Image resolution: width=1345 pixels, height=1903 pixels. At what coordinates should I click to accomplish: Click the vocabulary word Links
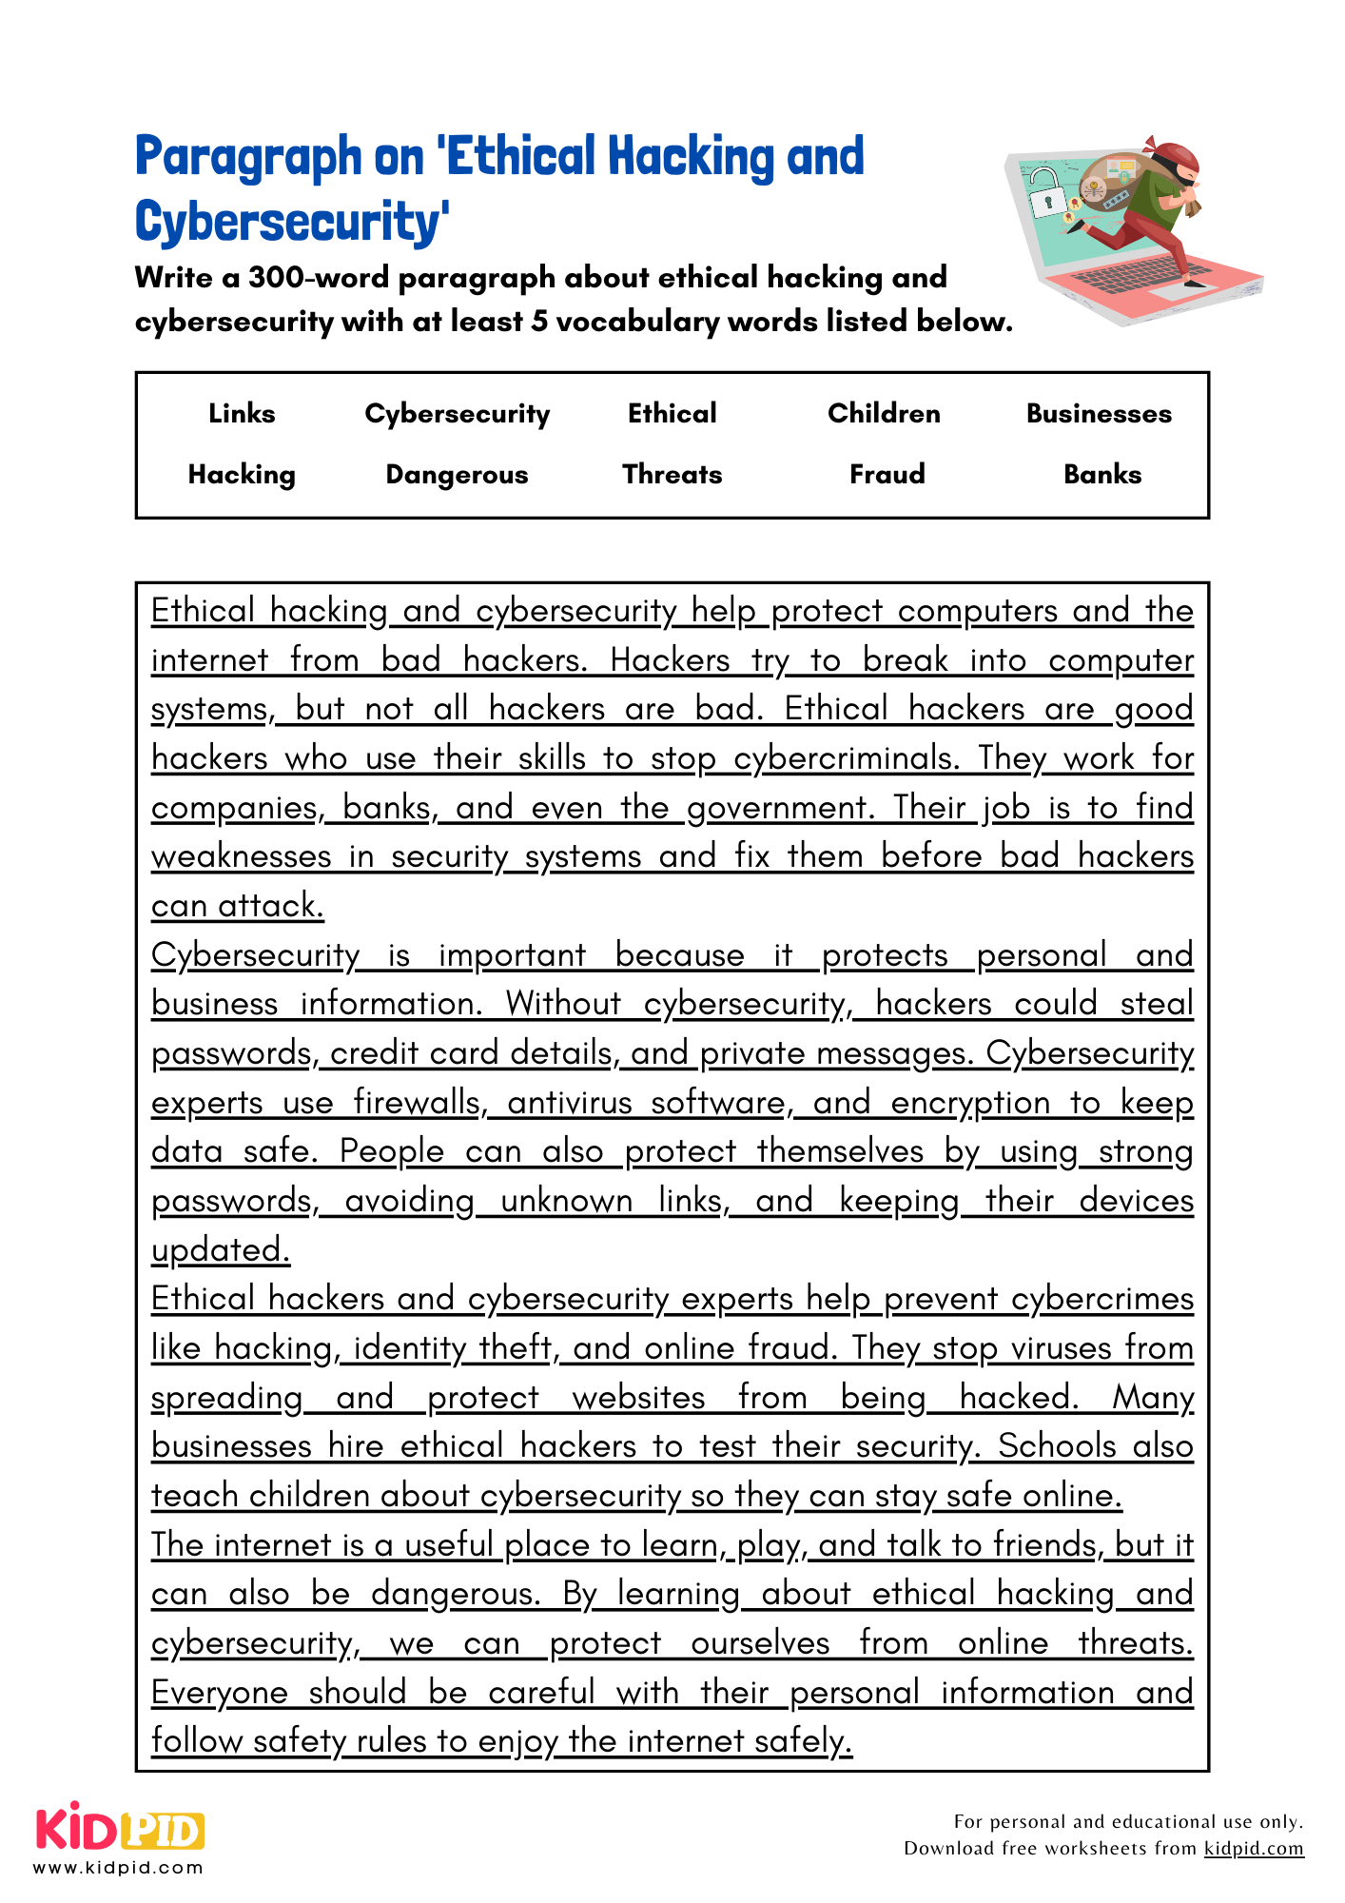242,414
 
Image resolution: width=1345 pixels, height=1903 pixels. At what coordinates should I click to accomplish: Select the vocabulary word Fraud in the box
887,474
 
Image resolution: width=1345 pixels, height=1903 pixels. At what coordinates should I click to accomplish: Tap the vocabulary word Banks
1101,474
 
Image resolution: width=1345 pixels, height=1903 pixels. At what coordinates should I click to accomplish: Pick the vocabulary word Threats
672,474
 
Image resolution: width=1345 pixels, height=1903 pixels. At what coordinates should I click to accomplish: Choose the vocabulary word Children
883,414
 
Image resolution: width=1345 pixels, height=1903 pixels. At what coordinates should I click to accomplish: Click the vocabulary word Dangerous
457,475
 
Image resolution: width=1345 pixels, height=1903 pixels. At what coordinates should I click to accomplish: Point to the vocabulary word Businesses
1099,414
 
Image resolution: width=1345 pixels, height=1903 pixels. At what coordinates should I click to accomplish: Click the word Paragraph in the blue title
248,158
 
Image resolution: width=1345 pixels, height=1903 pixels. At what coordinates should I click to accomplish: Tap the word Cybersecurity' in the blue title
292,223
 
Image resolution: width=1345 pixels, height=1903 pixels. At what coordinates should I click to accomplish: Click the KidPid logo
120,1828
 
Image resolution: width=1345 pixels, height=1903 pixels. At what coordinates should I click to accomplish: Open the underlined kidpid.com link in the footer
1253,1849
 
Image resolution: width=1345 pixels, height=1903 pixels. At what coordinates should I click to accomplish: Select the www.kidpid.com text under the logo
118,1868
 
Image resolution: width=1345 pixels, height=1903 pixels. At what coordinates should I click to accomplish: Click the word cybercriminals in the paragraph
844,758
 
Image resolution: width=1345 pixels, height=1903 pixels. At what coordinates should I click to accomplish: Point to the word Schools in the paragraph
1056,1446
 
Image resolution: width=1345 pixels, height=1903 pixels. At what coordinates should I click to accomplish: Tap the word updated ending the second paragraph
220,1250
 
